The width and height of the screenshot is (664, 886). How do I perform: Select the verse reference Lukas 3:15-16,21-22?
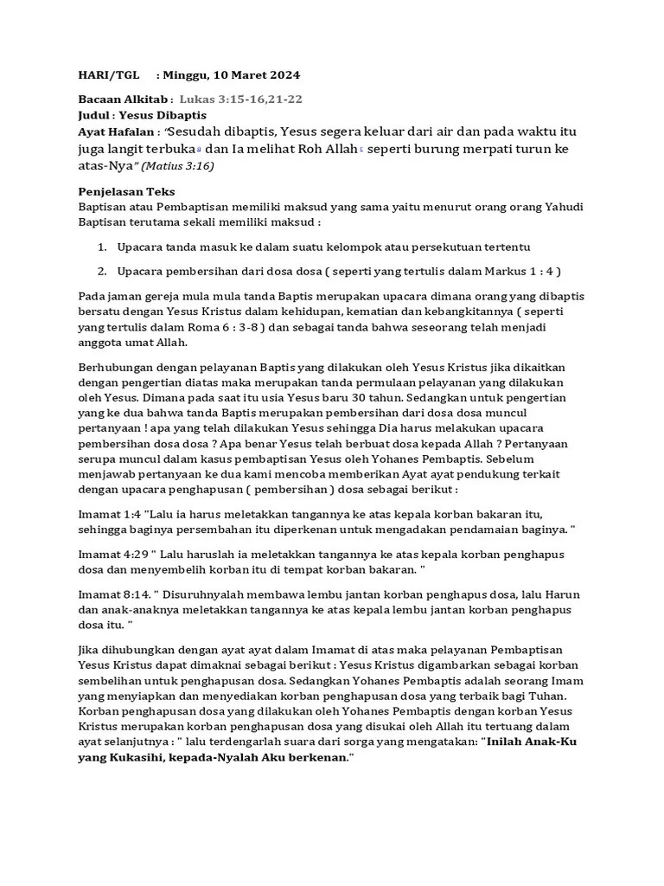point(240,100)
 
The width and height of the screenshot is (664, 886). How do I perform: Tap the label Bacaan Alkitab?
point(124,100)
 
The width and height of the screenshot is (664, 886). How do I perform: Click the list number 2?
point(102,271)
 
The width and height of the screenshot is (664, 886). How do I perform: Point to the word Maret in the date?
point(247,75)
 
